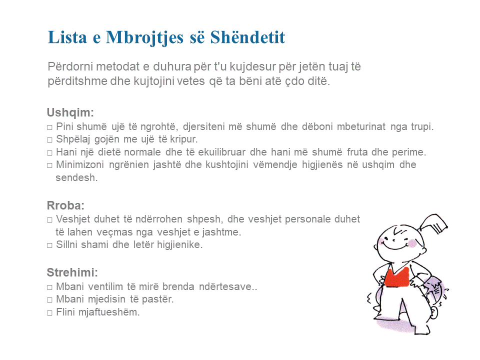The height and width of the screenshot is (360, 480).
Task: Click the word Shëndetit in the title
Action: click(x=247, y=37)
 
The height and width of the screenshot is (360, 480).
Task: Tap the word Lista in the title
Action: click(x=67, y=37)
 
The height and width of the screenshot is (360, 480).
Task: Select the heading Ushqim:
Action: click(x=70, y=112)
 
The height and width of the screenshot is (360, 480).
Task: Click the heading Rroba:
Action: click(x=65, y=205)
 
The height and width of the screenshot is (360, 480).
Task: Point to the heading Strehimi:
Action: click(x=72, y=272)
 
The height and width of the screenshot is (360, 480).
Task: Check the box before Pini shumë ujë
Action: click(x=49, y=127)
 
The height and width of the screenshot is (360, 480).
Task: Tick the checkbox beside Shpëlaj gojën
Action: click(x=49, y=140)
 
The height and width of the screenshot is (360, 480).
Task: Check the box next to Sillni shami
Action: click(x=49, y=245)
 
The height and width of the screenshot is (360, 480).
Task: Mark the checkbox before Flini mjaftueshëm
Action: click(x=49, y=313)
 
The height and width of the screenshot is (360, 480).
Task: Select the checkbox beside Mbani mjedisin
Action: click(x=49, y=300)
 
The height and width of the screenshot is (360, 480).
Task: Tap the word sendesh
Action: click(x=76, y=177)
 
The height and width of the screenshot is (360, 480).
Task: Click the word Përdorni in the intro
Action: click(x=68, y=66)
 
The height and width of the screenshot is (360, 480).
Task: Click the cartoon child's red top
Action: click(x=396, y=276)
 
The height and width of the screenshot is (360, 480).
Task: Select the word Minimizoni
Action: click(x=80, y=164)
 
